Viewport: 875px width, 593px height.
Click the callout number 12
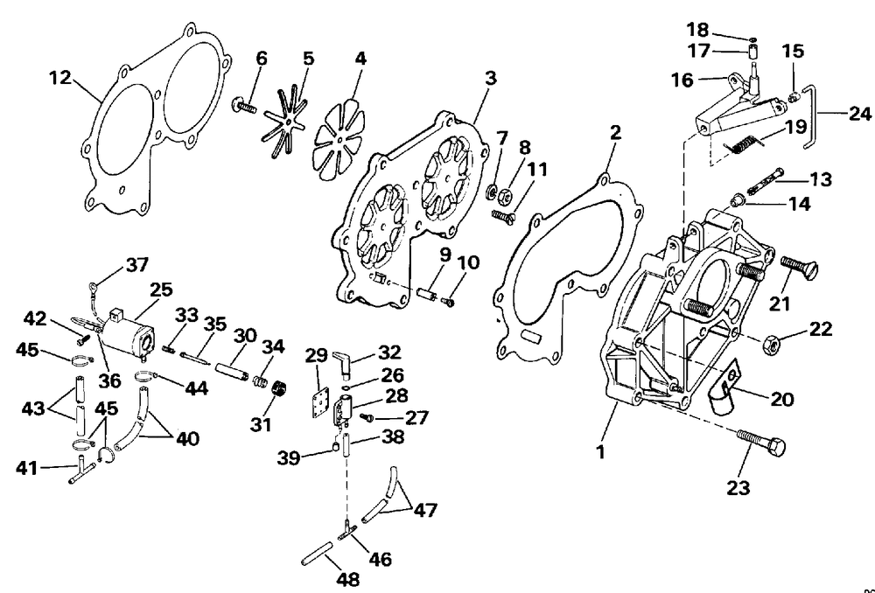[x=59, y=78]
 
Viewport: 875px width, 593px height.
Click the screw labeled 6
[x=244, y=105]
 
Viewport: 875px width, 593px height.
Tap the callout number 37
[x=137, y=264]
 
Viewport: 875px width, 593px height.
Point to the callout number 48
[x=348, y=579]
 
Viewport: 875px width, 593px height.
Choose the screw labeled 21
[x=799, y=268]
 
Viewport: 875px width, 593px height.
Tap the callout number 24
[x=859, y=114]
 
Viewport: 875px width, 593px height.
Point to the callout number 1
[x=600, y=451]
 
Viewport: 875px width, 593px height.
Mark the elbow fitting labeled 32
[x=343, y=361]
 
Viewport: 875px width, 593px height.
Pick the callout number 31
[x=260, y=424]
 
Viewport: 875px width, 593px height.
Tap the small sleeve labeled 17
[x=752, y=52]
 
